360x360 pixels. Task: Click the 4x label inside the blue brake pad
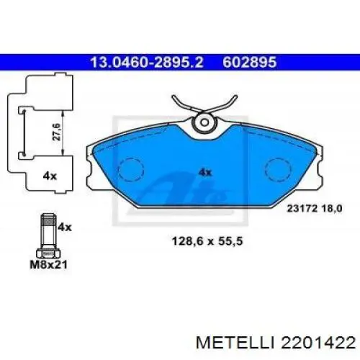click(204, 172)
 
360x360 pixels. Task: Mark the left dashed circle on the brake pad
click(130, 169)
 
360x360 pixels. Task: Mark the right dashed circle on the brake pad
click(279, 169)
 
